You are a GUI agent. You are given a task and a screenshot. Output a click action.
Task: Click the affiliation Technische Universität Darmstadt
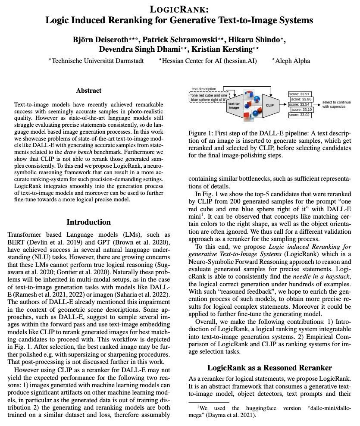[97, 61]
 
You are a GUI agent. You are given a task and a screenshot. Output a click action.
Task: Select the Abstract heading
[89, 91]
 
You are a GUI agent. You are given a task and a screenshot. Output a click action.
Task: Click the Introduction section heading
[88, 222]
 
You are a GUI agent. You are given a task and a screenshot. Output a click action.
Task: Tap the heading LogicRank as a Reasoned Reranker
[269, 368]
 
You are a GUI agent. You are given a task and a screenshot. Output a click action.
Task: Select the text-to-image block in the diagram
[234, 104]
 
